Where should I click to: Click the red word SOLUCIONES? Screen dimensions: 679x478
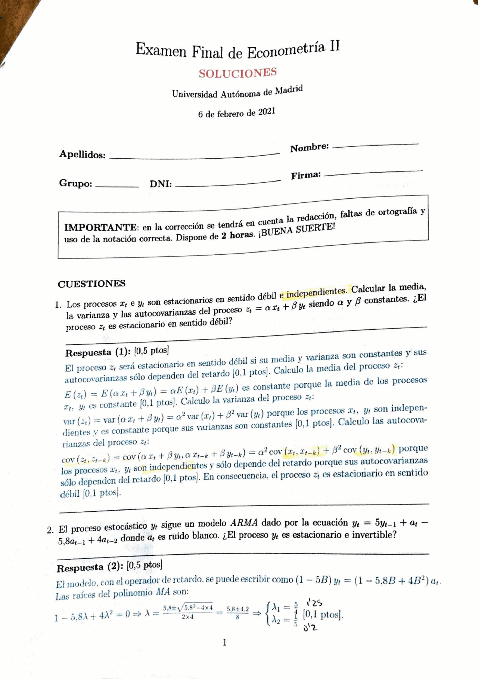point(238,73)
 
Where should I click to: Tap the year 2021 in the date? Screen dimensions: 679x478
point(267,112)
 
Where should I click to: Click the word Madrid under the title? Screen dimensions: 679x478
point(289,90)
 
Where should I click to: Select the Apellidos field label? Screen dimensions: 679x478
point(82,154)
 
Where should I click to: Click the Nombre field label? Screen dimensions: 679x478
point(309,148)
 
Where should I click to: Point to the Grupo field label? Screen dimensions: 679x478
point(75,183)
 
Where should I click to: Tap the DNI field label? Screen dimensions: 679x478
point(161,184)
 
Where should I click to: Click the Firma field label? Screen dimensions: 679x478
point(306,175)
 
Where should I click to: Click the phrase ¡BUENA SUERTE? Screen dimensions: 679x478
point(297,230)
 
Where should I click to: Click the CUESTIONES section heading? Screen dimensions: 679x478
point(91,284)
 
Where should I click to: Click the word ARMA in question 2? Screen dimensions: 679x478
point(244,523)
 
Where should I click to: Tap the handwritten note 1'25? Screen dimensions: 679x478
point(314,602)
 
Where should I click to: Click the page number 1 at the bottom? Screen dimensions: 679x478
point(224,642)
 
